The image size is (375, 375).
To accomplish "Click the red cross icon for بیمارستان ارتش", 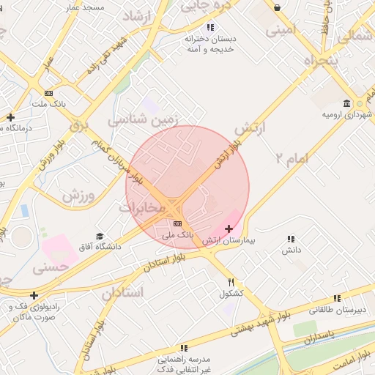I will (229, 229).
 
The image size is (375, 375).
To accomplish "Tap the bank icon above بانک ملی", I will (178, 223).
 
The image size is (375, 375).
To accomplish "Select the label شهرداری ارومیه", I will (348, 115).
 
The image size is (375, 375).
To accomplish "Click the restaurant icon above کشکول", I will (231, 282).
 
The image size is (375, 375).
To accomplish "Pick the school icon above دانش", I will (292, 239).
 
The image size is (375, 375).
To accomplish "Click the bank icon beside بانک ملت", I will (49, 93).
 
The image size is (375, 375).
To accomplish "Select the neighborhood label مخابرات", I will (143, 207).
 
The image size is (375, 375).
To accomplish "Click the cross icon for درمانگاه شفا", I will (10, 117).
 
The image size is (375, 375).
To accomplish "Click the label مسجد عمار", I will (85, 7).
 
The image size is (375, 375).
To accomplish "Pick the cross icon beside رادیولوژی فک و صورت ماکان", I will (34, 295).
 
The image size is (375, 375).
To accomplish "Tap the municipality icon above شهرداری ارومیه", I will (347, 103).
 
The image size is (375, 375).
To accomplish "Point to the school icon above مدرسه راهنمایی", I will (184, 348).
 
